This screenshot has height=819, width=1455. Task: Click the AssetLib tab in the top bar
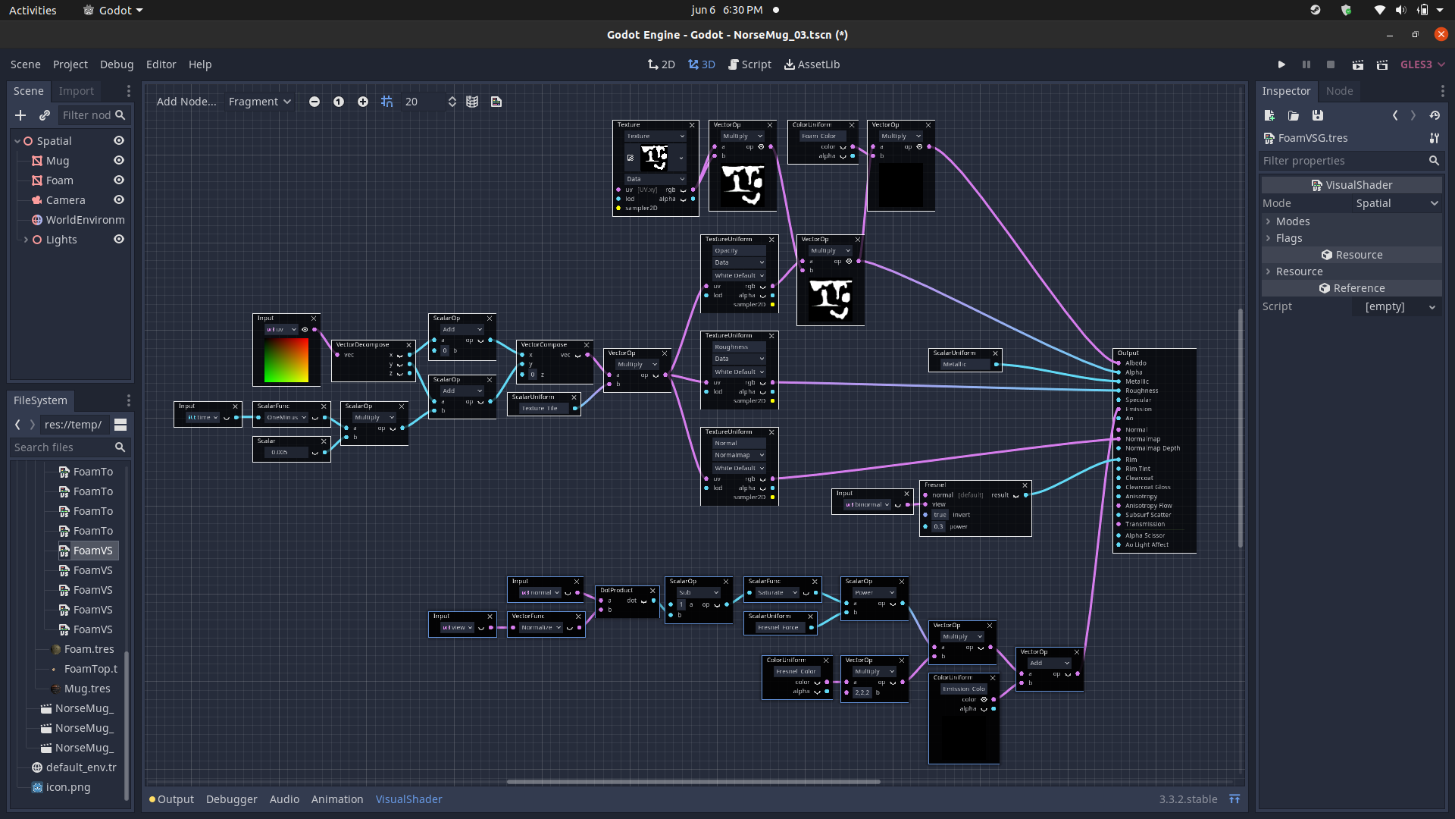pos(812,64)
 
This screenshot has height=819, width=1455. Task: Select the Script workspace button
pos(749,64)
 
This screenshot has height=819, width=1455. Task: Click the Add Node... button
pos(186,102)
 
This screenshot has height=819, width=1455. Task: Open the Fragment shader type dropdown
pos(259,102)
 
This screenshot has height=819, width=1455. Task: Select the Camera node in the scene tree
pos(65,200)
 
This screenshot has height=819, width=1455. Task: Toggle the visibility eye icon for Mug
pos(119,161)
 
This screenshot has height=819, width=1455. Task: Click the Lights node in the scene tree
pos(61,240)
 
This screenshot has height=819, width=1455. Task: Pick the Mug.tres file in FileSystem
pos(87,689)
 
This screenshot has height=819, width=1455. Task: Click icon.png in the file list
pos(68,787)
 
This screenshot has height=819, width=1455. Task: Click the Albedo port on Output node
pos(1119,363)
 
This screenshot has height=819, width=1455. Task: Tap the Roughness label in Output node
pos(1141,391)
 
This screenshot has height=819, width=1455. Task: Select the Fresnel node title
pos(935,485)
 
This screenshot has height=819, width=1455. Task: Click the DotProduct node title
pos(616,590)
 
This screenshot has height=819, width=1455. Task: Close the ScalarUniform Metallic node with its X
pos(995,353)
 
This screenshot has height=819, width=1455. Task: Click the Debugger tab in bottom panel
pos(231,799)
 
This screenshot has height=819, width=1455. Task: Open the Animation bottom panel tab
pos(336,799)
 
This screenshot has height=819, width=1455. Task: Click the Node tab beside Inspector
pos(1339,91)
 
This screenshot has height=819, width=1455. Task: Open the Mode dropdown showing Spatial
pos(1394,203)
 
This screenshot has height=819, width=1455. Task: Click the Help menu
pos(200,64)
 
